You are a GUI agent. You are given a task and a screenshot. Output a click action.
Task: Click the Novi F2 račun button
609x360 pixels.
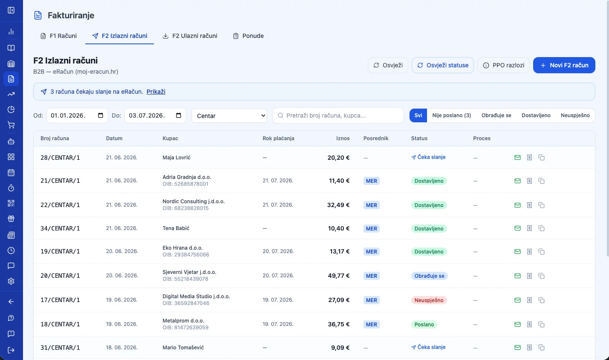coord(564,65)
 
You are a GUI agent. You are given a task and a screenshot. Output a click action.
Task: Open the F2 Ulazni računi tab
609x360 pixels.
coord(190,36)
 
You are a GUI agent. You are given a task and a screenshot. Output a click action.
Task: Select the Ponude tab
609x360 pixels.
coord(248,36)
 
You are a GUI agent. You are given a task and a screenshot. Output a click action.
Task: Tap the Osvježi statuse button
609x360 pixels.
coord(443,65)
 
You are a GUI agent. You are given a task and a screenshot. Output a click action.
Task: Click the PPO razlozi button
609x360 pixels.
coord(503,65)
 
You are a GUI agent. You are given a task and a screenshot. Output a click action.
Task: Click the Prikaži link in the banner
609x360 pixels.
coord(156,92)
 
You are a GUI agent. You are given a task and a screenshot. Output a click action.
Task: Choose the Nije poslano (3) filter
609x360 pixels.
coord(451,115)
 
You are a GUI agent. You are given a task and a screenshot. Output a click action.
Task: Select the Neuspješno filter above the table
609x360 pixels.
coord(575,115)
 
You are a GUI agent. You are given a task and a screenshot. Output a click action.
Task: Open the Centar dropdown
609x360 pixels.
coord(229,116)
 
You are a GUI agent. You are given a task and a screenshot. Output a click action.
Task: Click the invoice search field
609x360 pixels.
coord(338,115)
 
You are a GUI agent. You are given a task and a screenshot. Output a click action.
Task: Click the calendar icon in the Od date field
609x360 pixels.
coord(100,115)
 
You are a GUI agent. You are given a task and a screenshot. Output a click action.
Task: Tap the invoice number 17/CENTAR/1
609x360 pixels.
coord(60,300)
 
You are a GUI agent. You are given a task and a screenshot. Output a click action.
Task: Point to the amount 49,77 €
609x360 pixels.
coord(338,276)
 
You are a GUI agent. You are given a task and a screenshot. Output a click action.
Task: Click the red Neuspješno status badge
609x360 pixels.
coord(429,300)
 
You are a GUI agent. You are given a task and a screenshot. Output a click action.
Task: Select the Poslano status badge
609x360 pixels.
coord(424,324)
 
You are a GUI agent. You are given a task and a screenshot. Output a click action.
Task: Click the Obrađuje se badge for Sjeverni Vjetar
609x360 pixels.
coord(429,276)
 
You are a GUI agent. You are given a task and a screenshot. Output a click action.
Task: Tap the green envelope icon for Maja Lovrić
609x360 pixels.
coord(517,158)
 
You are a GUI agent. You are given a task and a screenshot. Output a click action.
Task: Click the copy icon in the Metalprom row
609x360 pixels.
coord(541,324)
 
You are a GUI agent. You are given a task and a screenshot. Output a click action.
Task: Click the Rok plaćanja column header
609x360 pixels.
coord(278,138)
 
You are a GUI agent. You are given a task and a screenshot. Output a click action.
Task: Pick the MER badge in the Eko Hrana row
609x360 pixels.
coord(371,252)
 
